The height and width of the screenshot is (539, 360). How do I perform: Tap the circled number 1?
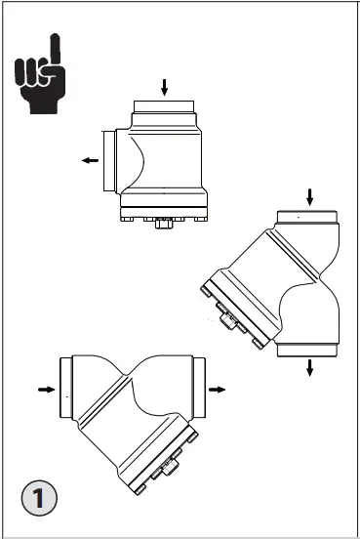[38, 499]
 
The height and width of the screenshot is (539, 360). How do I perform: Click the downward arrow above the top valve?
[164, 88]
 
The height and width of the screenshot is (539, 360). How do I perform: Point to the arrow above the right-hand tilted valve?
[310, 196]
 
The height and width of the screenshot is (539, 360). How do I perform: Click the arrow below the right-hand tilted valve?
[310, 367]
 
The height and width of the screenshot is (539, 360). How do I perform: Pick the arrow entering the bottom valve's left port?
[45, 389]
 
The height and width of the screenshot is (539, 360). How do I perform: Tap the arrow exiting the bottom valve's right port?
[218, 389]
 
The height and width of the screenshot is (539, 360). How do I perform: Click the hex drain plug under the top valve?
[160, 226]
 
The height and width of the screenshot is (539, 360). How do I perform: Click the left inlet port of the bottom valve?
[66, 389]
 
